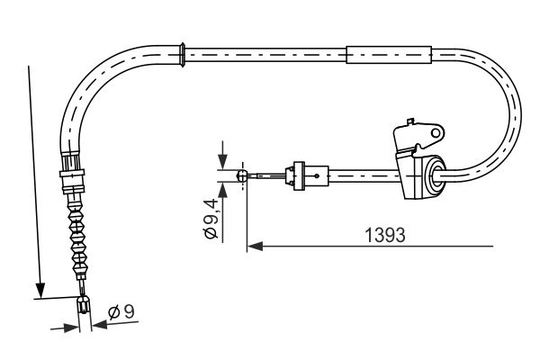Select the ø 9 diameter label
click(x=121, y=312)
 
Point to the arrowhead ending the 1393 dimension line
click(x=254, y=244)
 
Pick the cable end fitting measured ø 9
click(x=85, y=307)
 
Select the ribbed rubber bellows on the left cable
click(x=76, y=229)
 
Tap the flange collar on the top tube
click(x=184, y=53)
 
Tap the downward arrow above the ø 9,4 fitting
click(x=220, y=162)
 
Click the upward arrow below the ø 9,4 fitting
click(x=220, y=190)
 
